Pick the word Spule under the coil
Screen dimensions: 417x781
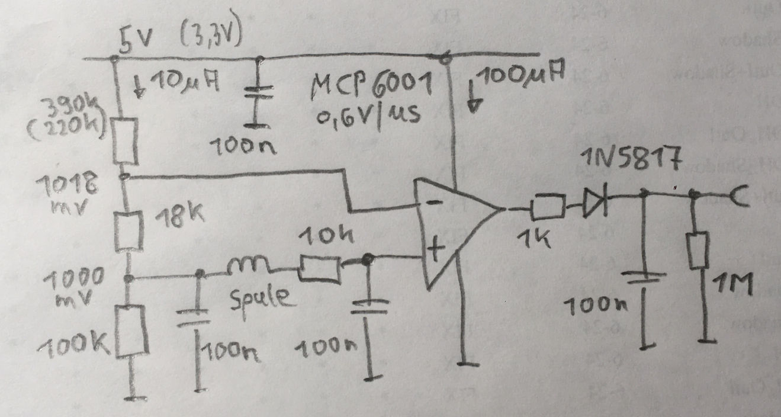(x=260, y=297)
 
